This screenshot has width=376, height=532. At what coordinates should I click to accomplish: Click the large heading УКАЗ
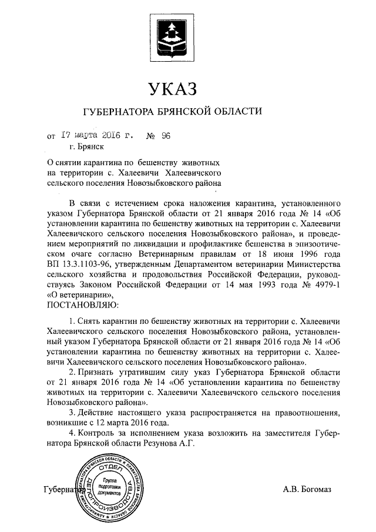(x=172, y=89)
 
